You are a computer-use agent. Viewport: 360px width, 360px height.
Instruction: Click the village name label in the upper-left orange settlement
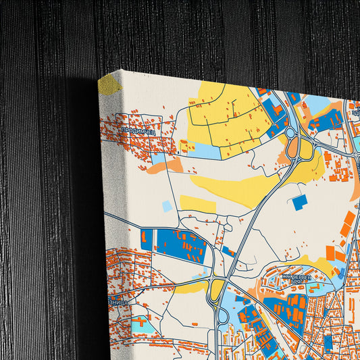click(x=138, y=132)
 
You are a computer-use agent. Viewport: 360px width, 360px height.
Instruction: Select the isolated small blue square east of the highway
click(x=299, y=201)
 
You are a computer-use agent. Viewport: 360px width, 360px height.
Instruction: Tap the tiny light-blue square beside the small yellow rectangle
click(x=167, y=206)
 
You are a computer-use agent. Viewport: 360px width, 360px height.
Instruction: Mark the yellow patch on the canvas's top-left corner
click(x=109, y=84)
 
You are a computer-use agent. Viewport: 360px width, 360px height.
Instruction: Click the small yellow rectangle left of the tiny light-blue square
click(x=197, y=203)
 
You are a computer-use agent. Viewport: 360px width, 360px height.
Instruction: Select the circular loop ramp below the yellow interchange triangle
click(x=222, y=315)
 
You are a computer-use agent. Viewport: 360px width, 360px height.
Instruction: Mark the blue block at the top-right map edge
click(x=331, y=120)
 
